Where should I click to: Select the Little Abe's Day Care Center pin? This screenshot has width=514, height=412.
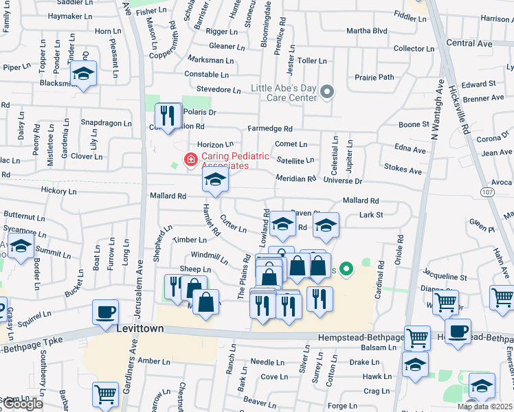pos(327,92)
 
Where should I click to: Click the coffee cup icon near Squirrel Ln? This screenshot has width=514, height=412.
pos(106,312)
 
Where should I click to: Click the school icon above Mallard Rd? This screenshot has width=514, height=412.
pos(215,181)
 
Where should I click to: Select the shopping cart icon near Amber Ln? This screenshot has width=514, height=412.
pos(105,394)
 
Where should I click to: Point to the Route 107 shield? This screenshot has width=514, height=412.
pos(487,191)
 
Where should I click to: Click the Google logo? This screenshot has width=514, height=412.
pos(22,404)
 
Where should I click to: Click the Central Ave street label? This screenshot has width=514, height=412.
pos(469,43)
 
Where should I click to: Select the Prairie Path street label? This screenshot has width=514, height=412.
pos(375,77)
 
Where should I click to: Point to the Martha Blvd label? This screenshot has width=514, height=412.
pos(367,31)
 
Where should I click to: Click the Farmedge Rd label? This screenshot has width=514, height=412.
pos(270,128)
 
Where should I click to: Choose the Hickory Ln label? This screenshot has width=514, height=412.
pos(58,191)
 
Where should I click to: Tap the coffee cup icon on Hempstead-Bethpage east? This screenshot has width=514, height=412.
pos(458,332)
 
